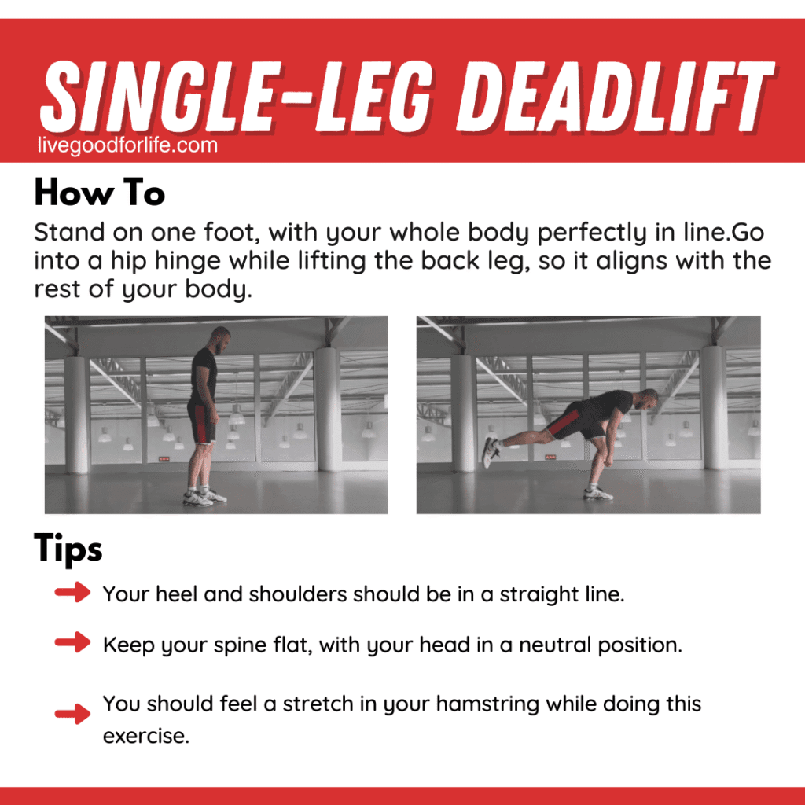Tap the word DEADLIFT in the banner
(616, 96)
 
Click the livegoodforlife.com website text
(127, 145)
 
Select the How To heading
(100, 193)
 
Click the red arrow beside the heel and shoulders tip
(72, 592)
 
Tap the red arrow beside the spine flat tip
(72, 642)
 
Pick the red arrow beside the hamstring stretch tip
(72, 714)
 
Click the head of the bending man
(648, 399)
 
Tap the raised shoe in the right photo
(491, 452)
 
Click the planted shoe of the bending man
(598, 494)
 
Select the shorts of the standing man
(202, 422)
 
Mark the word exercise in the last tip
(146, 737)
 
